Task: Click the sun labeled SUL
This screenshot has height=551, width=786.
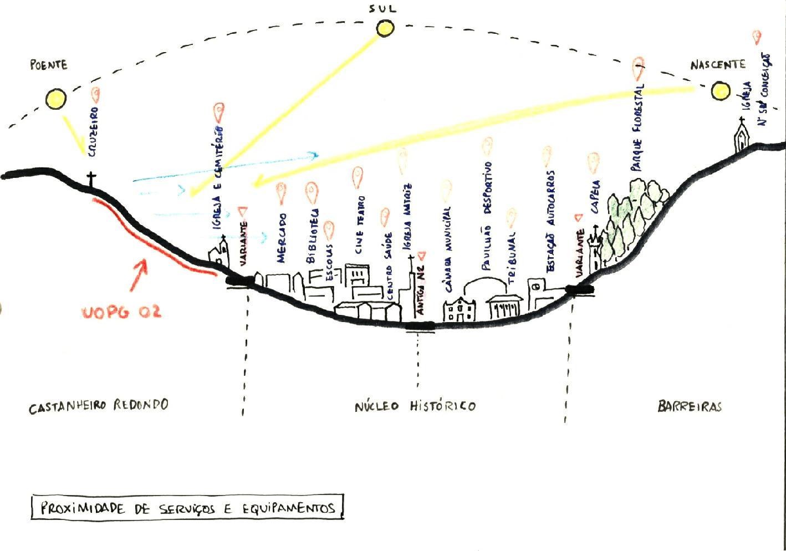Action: tap(385, 28)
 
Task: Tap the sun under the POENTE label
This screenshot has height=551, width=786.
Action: tap(55, 99)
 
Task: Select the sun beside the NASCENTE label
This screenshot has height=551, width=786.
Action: tap(721, 90)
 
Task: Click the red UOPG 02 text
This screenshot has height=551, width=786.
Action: tap(122, 312)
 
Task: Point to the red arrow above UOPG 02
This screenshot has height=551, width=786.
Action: tap(139, 274)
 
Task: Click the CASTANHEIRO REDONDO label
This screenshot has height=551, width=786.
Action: tap(99, 405)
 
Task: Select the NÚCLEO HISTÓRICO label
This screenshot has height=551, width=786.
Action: tap(415, 406)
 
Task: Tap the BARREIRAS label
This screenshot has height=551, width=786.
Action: tap(690, 406)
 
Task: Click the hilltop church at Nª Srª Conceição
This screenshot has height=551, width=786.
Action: tap(742, 136)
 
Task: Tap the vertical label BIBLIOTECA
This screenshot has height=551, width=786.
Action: tap(312, 236)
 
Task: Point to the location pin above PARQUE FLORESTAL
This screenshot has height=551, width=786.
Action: tap(639, 69)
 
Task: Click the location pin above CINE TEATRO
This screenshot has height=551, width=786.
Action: tap(358, 177)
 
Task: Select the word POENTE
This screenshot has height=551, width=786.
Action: tap(49, 65)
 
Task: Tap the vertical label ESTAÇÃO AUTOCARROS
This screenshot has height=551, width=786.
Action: tap(550, 221)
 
